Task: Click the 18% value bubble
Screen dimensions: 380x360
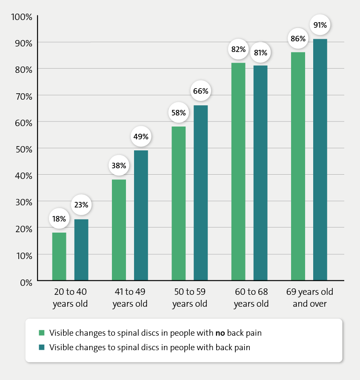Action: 59,219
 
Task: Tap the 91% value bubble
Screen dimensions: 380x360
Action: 320,25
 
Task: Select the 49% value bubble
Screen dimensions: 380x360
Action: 141,137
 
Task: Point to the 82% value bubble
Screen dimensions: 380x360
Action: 238,49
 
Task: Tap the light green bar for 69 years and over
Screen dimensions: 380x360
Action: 298,167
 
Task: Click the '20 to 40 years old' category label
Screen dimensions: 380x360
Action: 70,298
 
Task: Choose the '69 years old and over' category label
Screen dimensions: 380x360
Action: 309,298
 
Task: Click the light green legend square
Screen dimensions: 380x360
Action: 41,333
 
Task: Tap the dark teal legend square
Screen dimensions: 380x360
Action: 41,347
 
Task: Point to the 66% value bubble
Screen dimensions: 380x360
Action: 200,91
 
